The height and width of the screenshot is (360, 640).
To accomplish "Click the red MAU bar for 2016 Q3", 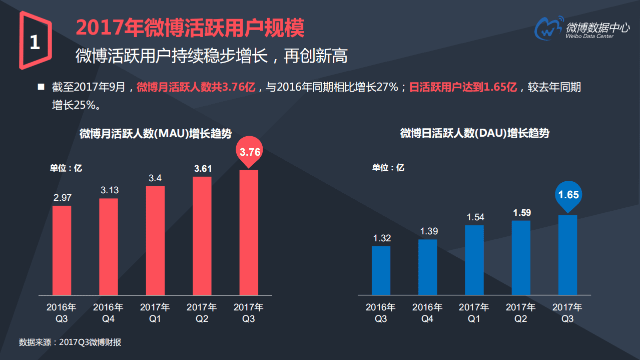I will tap(62, 250).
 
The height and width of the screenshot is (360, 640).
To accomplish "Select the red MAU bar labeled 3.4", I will tap(155, 240).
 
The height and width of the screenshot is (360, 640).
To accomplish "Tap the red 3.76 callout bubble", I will tap(250, 152).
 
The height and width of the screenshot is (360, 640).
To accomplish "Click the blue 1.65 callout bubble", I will tap(568, 195).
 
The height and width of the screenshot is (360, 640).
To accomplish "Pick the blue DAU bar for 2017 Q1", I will tap(474, 260).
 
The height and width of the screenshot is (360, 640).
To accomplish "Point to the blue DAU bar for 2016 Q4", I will tap(427, 267).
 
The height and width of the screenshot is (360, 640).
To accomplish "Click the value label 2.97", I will tap(62, 198).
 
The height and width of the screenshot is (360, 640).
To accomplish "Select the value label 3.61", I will tap(203, 169).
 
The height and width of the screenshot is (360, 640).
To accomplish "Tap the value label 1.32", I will tap(381, 238).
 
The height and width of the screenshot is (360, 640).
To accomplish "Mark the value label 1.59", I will tap(521, 213).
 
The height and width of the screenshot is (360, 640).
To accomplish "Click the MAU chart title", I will tap(155, 134).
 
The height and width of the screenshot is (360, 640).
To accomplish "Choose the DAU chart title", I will tap(474, 133).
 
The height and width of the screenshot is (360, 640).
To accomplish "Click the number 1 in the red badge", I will tap(35, 43).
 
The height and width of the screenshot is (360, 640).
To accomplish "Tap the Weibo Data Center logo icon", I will tap(549, 29).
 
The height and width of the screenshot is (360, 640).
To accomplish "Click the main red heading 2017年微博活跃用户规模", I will tap(190, 28).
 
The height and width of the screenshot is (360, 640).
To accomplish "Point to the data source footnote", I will tap(70, 342).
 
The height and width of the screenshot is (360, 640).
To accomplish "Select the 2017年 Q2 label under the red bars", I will tap(202, 313).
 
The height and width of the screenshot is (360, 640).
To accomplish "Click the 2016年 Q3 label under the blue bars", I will tap(381, 313).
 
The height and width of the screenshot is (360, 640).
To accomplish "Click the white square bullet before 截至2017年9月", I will tap(41, 87).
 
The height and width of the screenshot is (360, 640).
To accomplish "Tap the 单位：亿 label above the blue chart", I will tap(388, 168).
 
